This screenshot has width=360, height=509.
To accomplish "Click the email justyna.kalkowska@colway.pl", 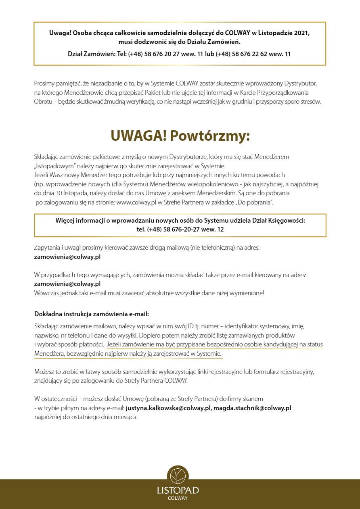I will (x=168, y=408).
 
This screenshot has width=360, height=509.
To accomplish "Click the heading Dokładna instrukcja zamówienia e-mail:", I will (x=89, y=313).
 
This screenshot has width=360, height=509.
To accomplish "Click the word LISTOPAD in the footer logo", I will (x=178, y=490).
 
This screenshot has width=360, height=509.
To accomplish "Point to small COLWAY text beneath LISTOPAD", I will (x=178, y=498).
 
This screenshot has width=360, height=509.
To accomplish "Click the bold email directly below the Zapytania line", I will (x=67, y=256).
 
